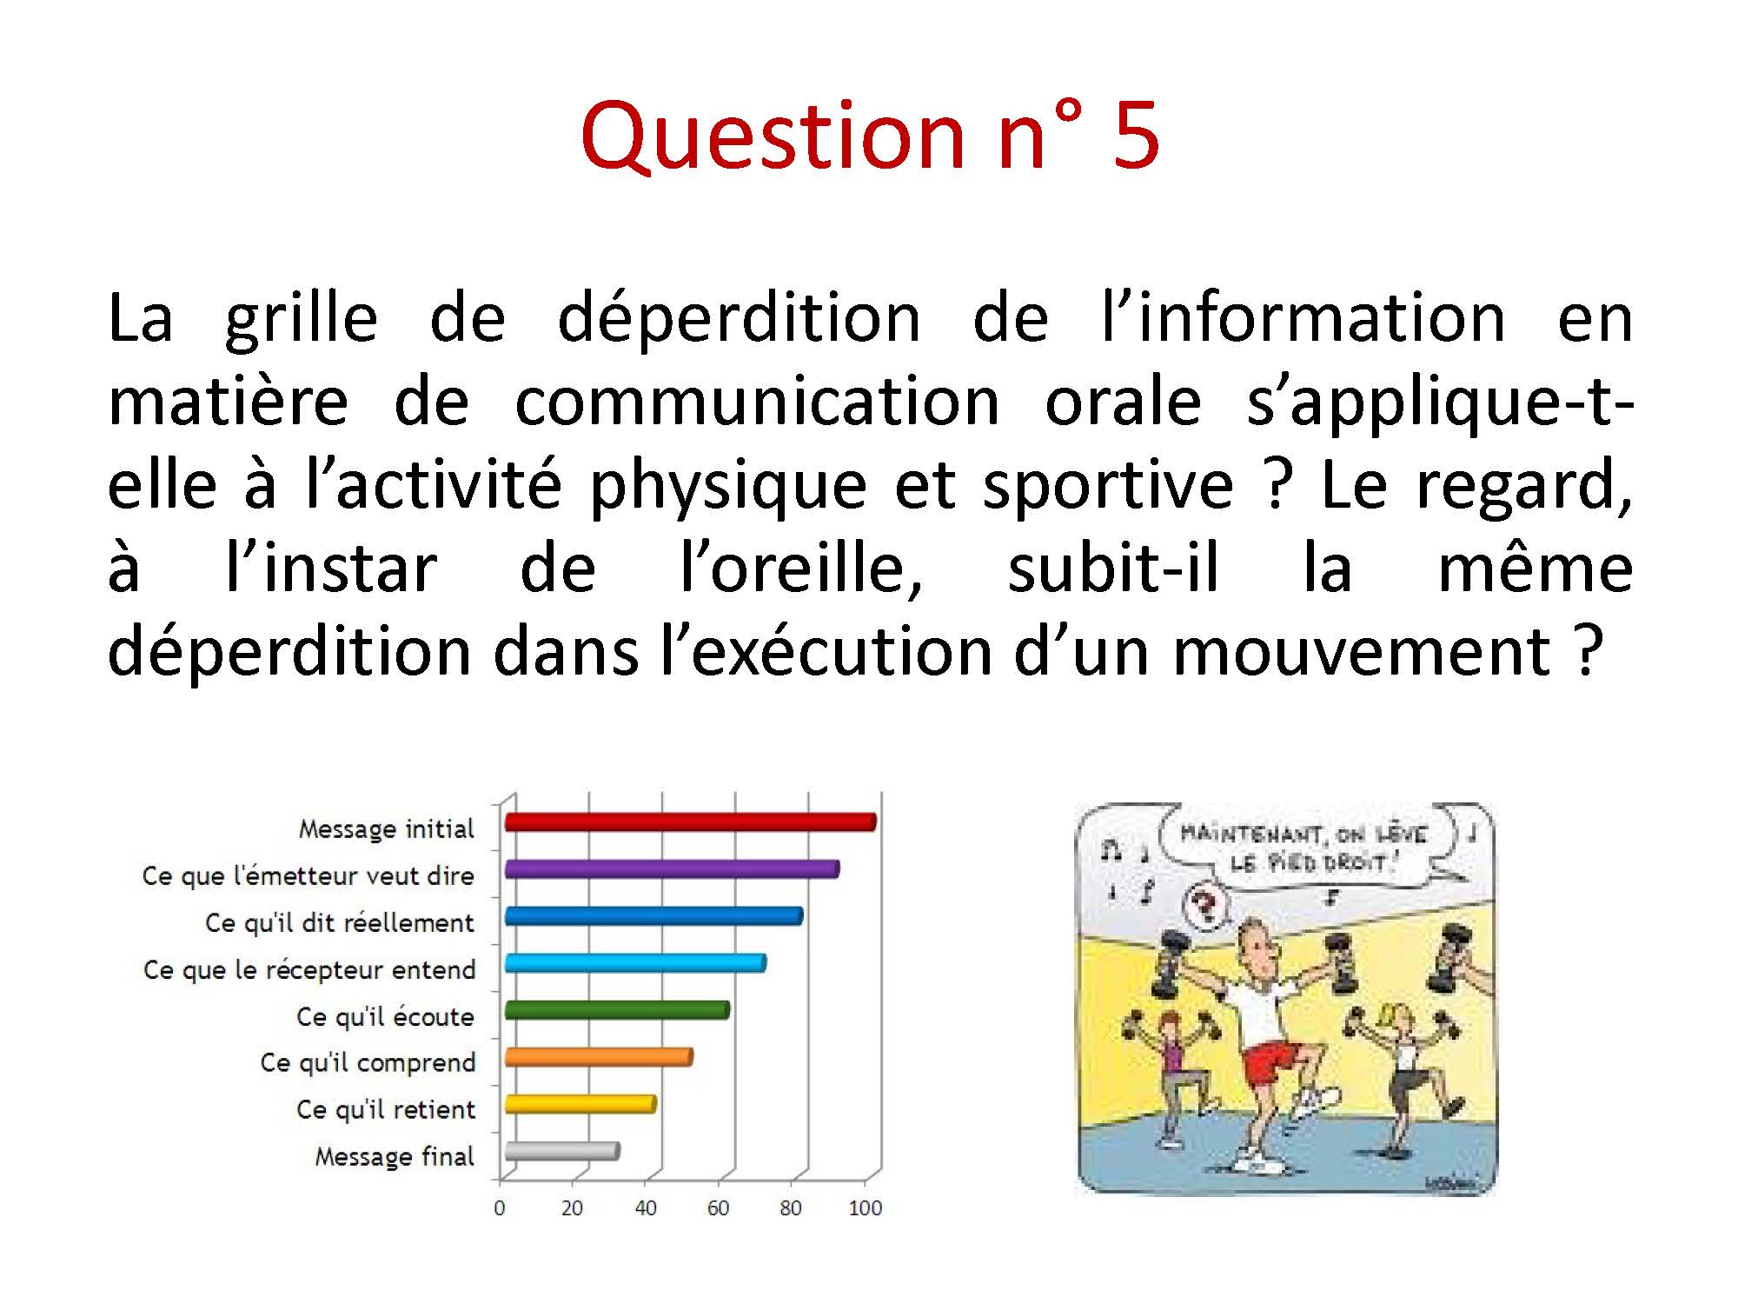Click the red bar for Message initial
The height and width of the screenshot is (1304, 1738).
(690, 822)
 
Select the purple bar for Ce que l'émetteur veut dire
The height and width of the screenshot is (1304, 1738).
(672, 868)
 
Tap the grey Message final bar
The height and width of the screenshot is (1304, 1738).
(561, 1151)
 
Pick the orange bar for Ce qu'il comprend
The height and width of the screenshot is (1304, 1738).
(598, 1057)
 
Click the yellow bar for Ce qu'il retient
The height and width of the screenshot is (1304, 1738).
(580, 1104)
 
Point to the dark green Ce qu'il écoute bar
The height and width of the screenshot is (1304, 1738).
(617, 1010)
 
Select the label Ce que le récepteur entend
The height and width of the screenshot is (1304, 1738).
(309, 969)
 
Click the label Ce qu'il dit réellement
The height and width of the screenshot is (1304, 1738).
(340, 922)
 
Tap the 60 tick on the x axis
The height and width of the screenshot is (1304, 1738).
(718, 1208)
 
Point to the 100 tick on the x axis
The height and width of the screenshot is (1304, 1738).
(865, 1208)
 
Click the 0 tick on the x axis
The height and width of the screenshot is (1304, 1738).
(499, 1208)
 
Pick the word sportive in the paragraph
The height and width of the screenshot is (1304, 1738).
(1107, 487)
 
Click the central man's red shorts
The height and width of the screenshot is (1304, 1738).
(1271, 1064)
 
